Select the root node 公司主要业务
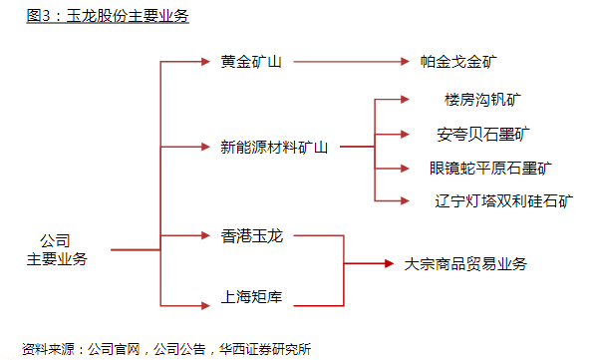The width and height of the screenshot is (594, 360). click(56, 250)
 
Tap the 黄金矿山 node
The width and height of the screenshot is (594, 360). click(251, 62)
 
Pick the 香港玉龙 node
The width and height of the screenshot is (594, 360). click(251, 236)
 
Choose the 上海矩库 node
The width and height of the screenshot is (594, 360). click(251, 296)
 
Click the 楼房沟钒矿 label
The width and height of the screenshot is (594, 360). click(482, 101)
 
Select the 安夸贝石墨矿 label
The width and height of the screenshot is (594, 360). click(482, 133)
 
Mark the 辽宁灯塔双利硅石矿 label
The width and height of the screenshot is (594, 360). click(504, 200)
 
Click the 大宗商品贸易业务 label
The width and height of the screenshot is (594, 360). click(465, 264)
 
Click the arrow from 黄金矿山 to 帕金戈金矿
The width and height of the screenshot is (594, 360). click(349, 62)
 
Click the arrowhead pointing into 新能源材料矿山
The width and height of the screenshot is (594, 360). click(208, 147)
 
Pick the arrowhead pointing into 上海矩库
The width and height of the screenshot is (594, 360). click(208, 297)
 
